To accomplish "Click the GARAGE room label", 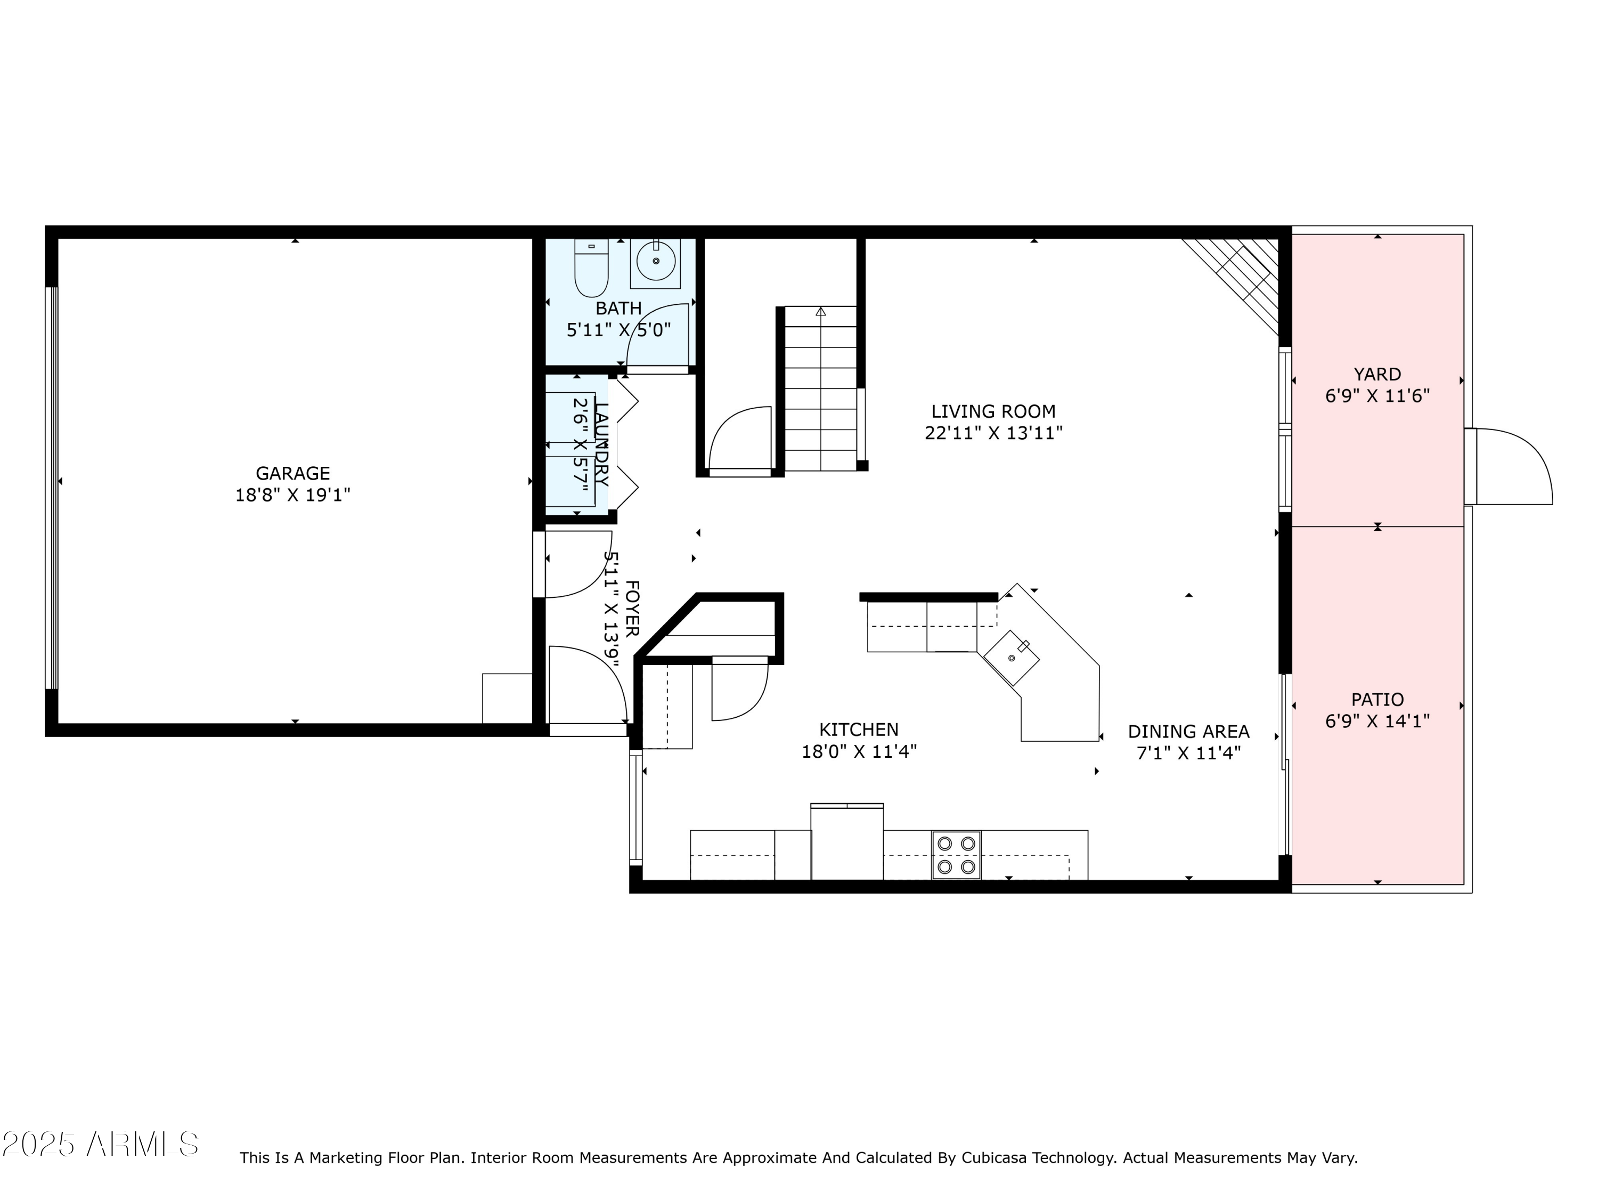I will (x=292, y=473).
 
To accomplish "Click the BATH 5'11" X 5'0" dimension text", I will (x=618, y=330).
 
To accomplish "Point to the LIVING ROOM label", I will (x=993, y=411).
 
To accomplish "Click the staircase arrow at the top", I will (x=821, y=312).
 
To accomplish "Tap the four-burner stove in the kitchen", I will (x=956, y=855).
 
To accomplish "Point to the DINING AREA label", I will (x=1188, y=732).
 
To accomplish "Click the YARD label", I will (x=1377, y=375).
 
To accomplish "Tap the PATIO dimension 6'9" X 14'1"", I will (x=1377, y=722).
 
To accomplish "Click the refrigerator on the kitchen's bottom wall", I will (x=847, y=842).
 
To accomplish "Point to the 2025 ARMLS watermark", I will (x=101, y=1144).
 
